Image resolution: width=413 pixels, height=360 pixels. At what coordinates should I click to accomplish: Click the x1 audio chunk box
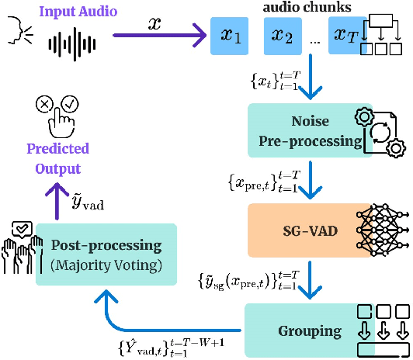(x=231, y=36)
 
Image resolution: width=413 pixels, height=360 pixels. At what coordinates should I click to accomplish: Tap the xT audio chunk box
(x=343, y=36)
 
